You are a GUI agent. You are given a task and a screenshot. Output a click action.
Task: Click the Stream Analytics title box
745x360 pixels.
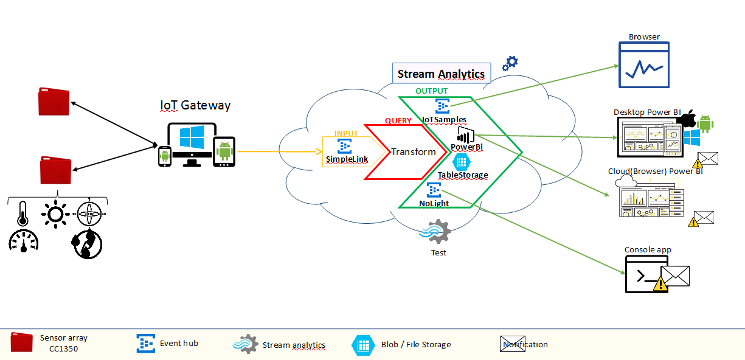[x=441, y=74]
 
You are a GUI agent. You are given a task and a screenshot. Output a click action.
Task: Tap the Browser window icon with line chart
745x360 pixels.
[x=643, y=65]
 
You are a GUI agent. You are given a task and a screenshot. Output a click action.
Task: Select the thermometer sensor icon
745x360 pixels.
[x=23, y=213]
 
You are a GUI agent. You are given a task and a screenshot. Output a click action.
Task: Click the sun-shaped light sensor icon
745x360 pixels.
[x=55, y=213]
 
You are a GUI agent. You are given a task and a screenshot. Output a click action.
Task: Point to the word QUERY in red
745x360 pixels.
[x=398, y=120]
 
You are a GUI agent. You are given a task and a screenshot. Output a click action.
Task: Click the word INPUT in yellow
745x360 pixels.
[x=346, y=133]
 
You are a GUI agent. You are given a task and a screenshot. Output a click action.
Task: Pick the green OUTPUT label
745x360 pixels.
[x=431, y=91]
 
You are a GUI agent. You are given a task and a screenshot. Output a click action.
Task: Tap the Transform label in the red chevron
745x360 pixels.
[x=413, y=152]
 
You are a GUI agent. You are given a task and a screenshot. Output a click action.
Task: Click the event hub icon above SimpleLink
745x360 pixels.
[x=344, y=146]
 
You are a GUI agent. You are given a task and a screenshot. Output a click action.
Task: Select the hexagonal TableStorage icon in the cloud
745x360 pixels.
[x=462, y=162]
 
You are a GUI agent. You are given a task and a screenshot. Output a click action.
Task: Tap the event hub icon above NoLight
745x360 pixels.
[x=434, y=190]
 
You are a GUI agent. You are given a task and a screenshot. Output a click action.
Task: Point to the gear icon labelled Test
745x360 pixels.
[x=436, y=232]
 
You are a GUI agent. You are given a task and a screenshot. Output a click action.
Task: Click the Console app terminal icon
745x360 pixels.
[x=646, y=274]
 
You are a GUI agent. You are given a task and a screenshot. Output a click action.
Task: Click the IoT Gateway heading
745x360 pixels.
[x=195, y=105]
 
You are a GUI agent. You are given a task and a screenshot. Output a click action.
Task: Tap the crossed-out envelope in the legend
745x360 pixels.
[x=512, y=344]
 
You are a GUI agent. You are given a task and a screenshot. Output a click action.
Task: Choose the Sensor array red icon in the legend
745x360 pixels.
[x=22, y=342]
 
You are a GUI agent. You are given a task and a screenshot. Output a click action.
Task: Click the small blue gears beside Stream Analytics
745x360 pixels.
[x=510, y=62]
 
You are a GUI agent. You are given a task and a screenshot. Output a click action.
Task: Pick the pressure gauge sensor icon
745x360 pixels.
[x=23, y=241]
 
